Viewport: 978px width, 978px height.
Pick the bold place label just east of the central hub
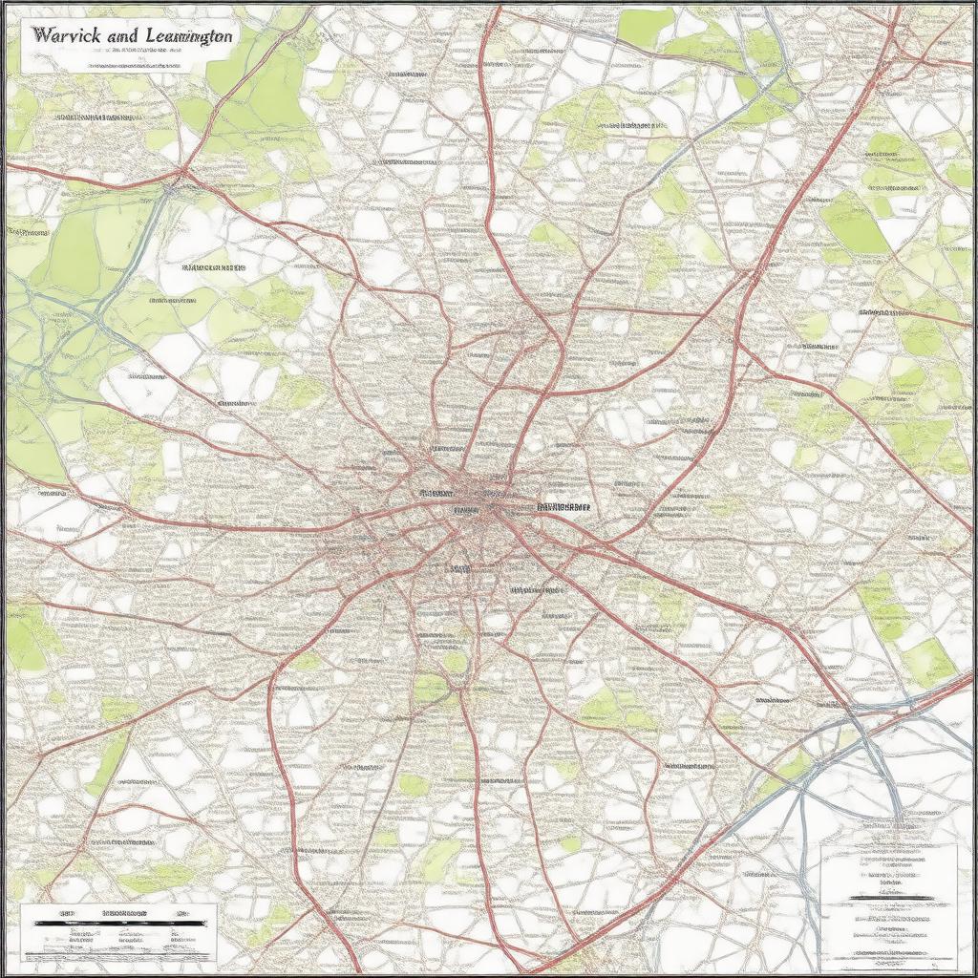coord(563,507)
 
